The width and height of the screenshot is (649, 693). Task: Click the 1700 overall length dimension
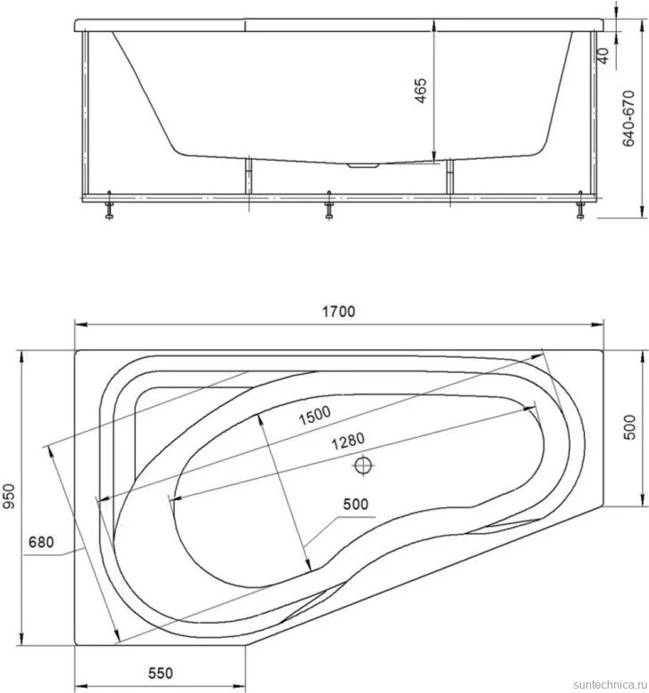(338, 311)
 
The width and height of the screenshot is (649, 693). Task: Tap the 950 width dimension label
(9, 497)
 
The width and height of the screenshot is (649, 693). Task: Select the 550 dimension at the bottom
(161, 673)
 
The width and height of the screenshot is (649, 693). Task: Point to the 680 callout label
(41, 542)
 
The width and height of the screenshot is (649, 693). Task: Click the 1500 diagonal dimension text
(315, 416)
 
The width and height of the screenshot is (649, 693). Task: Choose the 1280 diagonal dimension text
(348, 441)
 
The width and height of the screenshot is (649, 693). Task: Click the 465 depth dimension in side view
(421, 91)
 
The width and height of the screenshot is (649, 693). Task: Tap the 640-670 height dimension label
(628, 119)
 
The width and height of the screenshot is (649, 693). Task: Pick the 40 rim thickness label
(603, 55)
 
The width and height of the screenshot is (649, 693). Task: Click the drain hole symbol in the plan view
(363, 465)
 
